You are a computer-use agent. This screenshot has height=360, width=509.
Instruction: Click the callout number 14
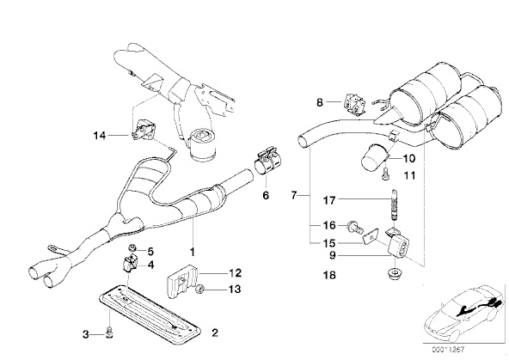point(100,135)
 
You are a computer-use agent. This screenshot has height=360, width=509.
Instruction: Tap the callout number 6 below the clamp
point(266,195)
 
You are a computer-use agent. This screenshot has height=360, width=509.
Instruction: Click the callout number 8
point(320,102)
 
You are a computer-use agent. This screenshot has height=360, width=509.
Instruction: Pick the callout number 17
point(328,200)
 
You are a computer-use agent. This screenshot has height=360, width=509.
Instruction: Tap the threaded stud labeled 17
point(394,205)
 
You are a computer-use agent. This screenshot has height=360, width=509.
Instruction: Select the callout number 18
point(329,275)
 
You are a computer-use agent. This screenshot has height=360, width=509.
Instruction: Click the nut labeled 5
point(132,248)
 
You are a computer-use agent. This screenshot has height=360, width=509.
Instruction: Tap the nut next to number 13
point(200,288)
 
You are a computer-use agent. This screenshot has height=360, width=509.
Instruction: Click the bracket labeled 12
point(182,281)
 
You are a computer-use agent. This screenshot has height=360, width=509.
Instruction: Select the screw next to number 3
point(110,333)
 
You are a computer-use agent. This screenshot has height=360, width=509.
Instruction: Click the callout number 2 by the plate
point(215,333)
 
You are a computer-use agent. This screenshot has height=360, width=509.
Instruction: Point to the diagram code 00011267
point(448,350)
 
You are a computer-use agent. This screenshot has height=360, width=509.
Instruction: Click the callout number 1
point(192,252)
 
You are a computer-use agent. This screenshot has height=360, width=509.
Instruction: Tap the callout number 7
point(294,196)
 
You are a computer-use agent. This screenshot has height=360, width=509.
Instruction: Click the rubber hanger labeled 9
point(398,246)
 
